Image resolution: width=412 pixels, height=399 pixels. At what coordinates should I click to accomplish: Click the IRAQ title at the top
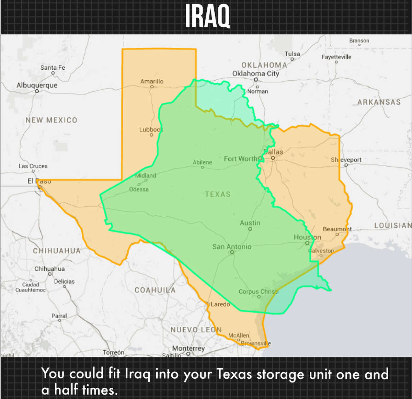pyautogui.click(x=207, y=16)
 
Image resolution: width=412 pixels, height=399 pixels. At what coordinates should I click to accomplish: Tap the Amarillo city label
pyautogui.click(x=152, y=81)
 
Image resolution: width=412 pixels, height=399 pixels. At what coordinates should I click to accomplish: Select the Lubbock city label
pyautogui.click(x=151, y=129)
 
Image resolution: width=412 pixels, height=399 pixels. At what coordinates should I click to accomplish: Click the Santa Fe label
pyautogui.click(x=53, y=68)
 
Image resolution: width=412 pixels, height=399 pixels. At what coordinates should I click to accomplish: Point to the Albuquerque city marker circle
pyautogui.click(x=37, y=91)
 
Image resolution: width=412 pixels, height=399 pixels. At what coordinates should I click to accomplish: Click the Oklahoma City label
pyautogui.click(x=256, y=73)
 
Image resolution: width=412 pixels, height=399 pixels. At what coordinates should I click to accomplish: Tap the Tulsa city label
pyautogui.click(x=292, y=54)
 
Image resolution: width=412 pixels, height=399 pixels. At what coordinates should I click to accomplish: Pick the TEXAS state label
pyautogui.click(x=218, y=194)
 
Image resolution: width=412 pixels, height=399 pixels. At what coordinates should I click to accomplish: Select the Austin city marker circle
pyautogui.click(x=250, y=229)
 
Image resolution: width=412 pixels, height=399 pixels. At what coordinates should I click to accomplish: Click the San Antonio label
pyautogui.click(x=232, y=247)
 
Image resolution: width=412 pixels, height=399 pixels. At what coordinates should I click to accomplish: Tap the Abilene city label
pyautogui.click(x=202, y=162)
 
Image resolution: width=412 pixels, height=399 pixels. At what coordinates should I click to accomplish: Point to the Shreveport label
pyautogui.click(x=346, y=160)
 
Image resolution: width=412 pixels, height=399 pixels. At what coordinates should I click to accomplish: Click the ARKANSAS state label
pyautogui.click(x=379, y=102)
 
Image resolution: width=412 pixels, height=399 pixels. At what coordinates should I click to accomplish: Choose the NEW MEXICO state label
pyautogui.click(x=51, y=120)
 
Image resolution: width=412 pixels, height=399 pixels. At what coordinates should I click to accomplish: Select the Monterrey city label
pyautogui.click(x=188, y=348)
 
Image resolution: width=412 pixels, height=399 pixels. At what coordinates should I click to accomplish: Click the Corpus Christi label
pyautogui.click(x=259, y=292)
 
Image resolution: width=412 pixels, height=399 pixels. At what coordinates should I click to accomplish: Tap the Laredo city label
pyautogui.click(x=220, y=304)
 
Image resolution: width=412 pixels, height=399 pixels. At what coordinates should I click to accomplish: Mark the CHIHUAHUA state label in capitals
pyautogui.click(x=57, y=251)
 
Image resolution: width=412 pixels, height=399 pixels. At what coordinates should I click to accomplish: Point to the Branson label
pyautogui.click(x=359, y=41)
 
